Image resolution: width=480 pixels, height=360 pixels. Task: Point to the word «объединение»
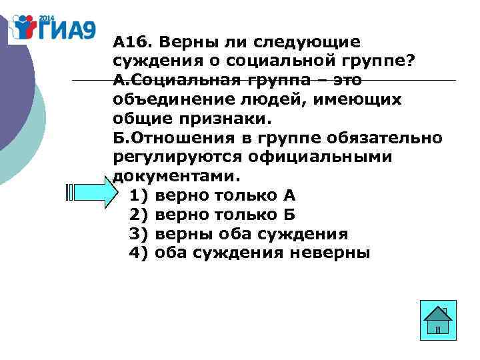tap(176, 100)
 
